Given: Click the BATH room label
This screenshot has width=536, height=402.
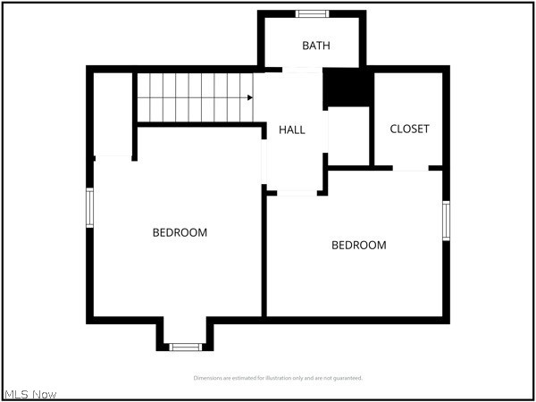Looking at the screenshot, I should (x=315, y=46).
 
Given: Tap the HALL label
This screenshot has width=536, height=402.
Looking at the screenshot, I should (x=291, y=130).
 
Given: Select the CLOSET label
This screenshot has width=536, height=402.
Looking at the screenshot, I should (x=409, y=129).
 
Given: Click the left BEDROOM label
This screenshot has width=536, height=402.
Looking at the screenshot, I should (x=180, y=232).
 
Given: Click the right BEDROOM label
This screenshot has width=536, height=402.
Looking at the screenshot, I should (x=359, y=245).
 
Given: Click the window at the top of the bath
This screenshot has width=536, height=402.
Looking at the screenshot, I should (x=312, y=13).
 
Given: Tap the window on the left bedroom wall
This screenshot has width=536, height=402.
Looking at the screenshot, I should (x=89, y=207).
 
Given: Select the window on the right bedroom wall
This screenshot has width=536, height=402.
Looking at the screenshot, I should (x=446, y=221).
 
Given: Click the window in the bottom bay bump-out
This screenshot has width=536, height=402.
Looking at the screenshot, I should (x=185, y=347).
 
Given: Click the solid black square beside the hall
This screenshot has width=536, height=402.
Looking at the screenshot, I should (x=346, y=88).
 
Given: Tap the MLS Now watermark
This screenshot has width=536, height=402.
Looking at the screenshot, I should (x=30, y=394).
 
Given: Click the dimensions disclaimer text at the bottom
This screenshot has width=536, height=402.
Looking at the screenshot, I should (x=278, y=378).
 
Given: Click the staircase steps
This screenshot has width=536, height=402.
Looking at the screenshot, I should (x=192, y=97).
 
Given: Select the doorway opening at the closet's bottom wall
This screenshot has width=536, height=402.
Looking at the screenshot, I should (x=411, y=168).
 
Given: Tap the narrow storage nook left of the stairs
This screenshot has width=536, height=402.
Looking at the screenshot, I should (x=113, y=113).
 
